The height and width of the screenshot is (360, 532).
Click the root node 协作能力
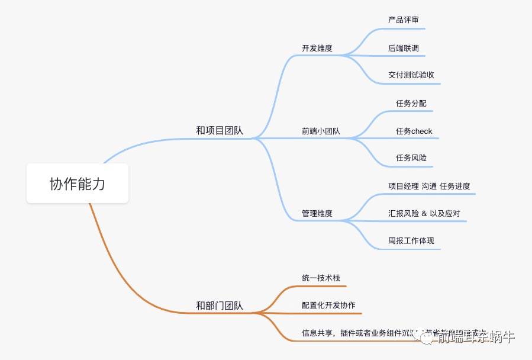pos(78,184)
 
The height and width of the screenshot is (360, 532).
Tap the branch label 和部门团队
pos(220,306)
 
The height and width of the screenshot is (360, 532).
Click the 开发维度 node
pos(317,49)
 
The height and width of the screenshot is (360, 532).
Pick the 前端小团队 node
pos(321,131)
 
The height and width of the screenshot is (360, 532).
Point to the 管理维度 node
pos(317,213)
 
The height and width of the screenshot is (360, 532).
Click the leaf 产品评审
pos(404,20)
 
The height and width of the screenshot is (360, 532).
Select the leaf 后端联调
pos(404,48)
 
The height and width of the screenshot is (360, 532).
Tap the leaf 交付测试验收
pos(411,75)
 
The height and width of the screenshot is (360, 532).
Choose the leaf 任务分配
pos(411,103)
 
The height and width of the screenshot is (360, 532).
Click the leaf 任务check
pos(414,131)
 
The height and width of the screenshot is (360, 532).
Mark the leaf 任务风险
pos(411,158)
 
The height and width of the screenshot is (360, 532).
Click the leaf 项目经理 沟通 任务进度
pos(429,186)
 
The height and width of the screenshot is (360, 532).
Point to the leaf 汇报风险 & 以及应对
pos(424,213)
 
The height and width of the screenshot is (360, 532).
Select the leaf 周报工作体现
pos(411,241)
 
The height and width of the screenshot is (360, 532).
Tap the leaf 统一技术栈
pos(321,278)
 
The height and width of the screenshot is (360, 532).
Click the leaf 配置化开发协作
pos(328,306)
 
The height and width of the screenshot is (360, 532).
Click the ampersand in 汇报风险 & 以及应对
pos(424,213)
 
